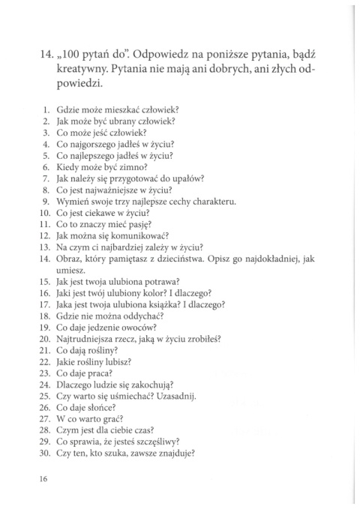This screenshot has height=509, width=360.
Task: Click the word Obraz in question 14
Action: tap(68, 259)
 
